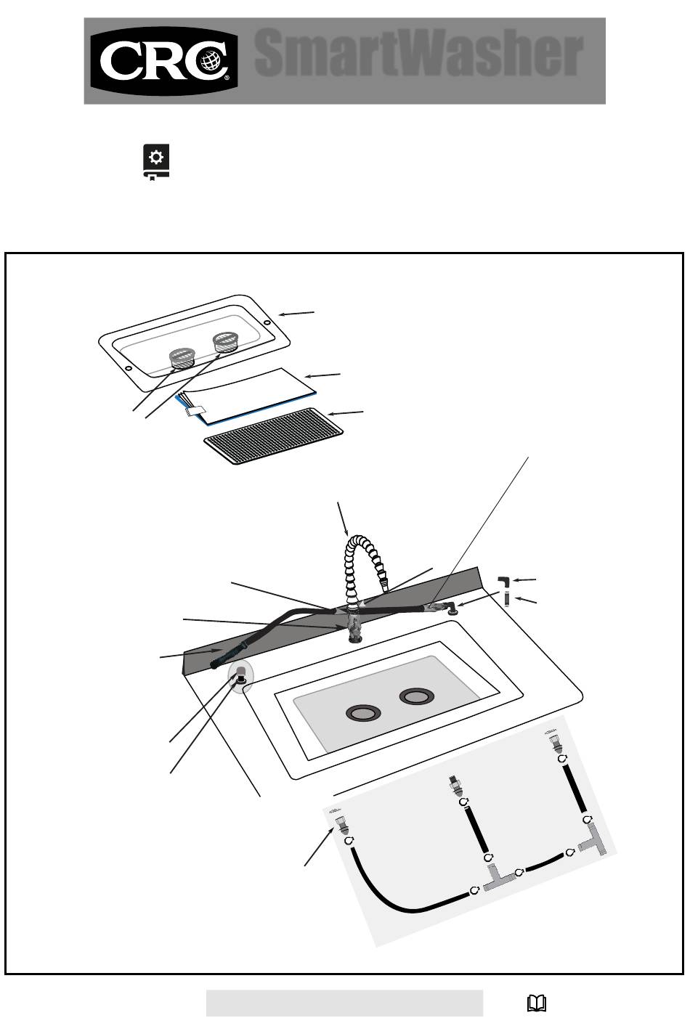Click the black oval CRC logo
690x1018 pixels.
click(164, 61)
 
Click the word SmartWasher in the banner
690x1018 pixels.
click(418, 53)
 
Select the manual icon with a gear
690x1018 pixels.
click(156, 162)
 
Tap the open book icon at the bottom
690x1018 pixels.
click(536, 1003)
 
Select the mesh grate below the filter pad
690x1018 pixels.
click(273, 436)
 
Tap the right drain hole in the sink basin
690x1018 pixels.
click(416, 696)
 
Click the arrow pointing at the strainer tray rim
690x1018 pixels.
click(296, 313)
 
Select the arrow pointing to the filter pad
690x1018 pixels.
click(322, 375)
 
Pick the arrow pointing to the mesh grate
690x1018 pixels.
click(346, 413)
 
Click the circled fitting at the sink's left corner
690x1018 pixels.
click(240, 677)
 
